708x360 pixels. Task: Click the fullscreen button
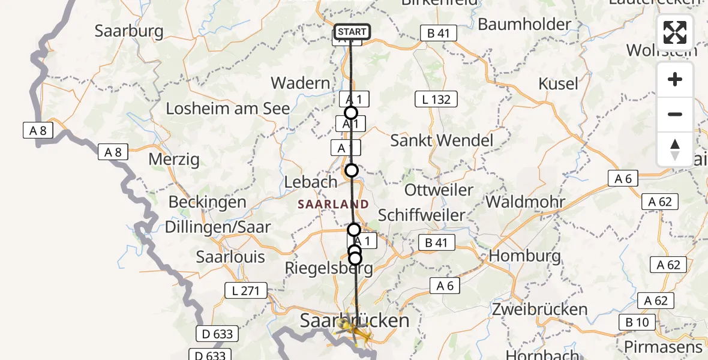coord(675,32)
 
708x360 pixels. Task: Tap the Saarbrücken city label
coord(355,320)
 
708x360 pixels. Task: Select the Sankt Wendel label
coord(442,140)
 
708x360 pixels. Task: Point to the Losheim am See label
coord(228,109)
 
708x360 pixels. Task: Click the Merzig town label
coord(174,160)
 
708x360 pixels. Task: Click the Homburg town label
coord(525,256)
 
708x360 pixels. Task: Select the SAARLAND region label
coord(333,204)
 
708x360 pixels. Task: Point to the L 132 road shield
coord(436,99)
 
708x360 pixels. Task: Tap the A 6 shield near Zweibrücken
coord(445,286)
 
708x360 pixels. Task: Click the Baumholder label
coord(524,25)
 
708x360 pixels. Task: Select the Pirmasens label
coord(663,347)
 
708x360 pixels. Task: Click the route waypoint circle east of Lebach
coord(352,170)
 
